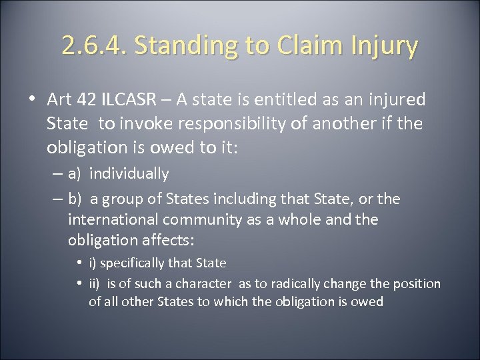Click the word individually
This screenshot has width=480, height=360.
[129, 174]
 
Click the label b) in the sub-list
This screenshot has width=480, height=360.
[76, 198]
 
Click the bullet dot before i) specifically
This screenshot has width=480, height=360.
[81, 261]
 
